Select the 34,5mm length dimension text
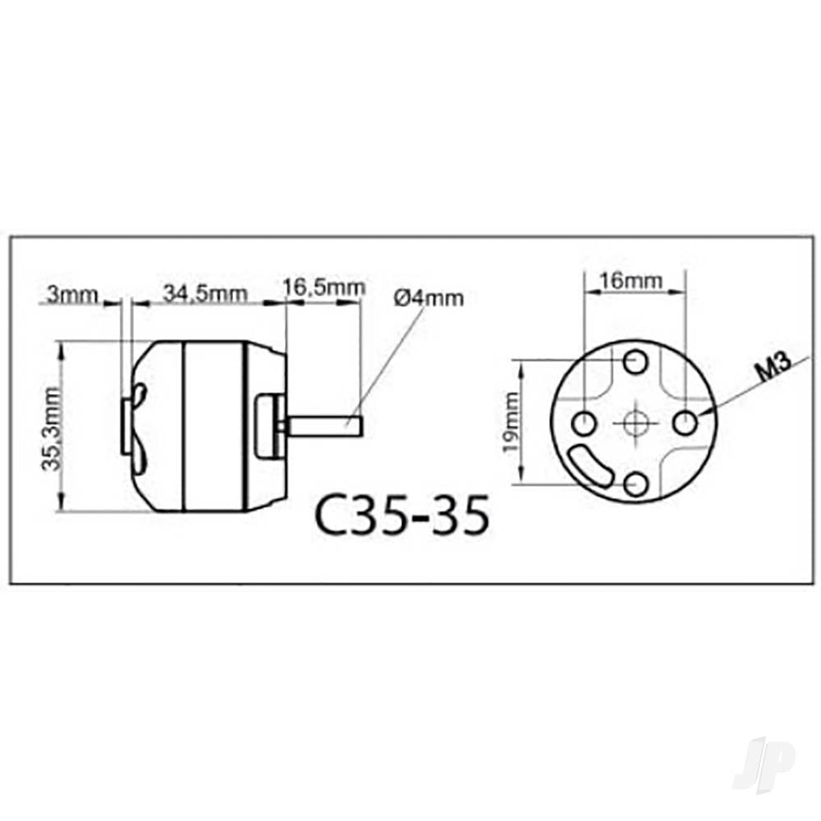click(204, 293)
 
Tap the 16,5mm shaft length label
click(323, 288)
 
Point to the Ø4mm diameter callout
click(429, 297)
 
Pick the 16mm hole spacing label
click(633, 281)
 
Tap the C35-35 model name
click(401, 515)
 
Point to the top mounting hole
click(634, 361)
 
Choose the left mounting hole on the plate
click(583, 424)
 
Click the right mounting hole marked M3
click(685, 424)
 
